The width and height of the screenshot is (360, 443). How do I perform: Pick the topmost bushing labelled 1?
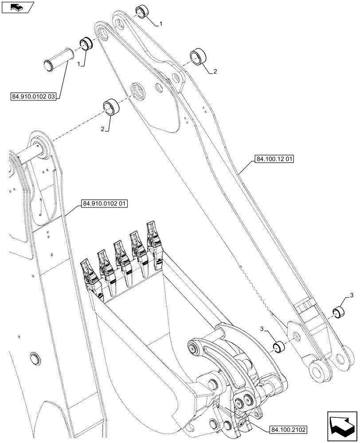[143, 11]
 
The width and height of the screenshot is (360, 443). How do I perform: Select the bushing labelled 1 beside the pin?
[86, 44]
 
